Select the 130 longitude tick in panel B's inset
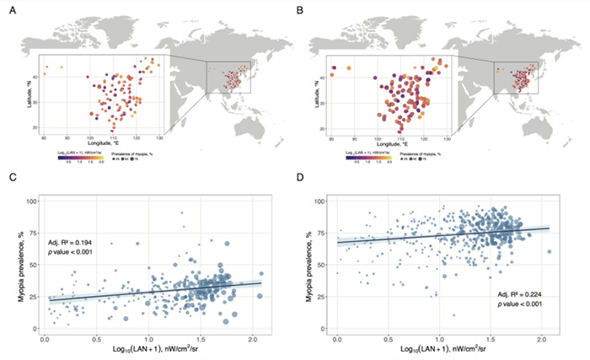pyautogui.click(x=445, y=136)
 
